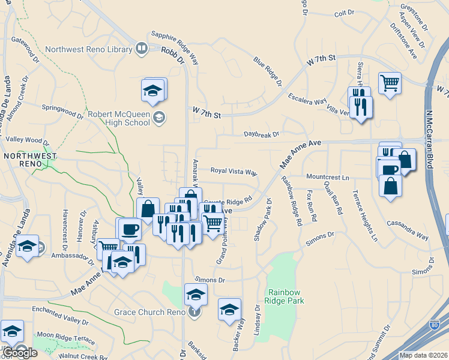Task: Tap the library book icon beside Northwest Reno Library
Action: coord(142,47)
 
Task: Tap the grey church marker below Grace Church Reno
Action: coord(193,311)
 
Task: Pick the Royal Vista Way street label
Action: coord(234,171)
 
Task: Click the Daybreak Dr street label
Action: coord(261,134)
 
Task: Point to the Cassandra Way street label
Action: coord(408,228)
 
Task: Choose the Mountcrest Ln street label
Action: coord(327,178)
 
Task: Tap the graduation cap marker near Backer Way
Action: coord(229,309)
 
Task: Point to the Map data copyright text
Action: coord(423,355)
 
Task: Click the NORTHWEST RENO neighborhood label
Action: coord(29,160)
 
